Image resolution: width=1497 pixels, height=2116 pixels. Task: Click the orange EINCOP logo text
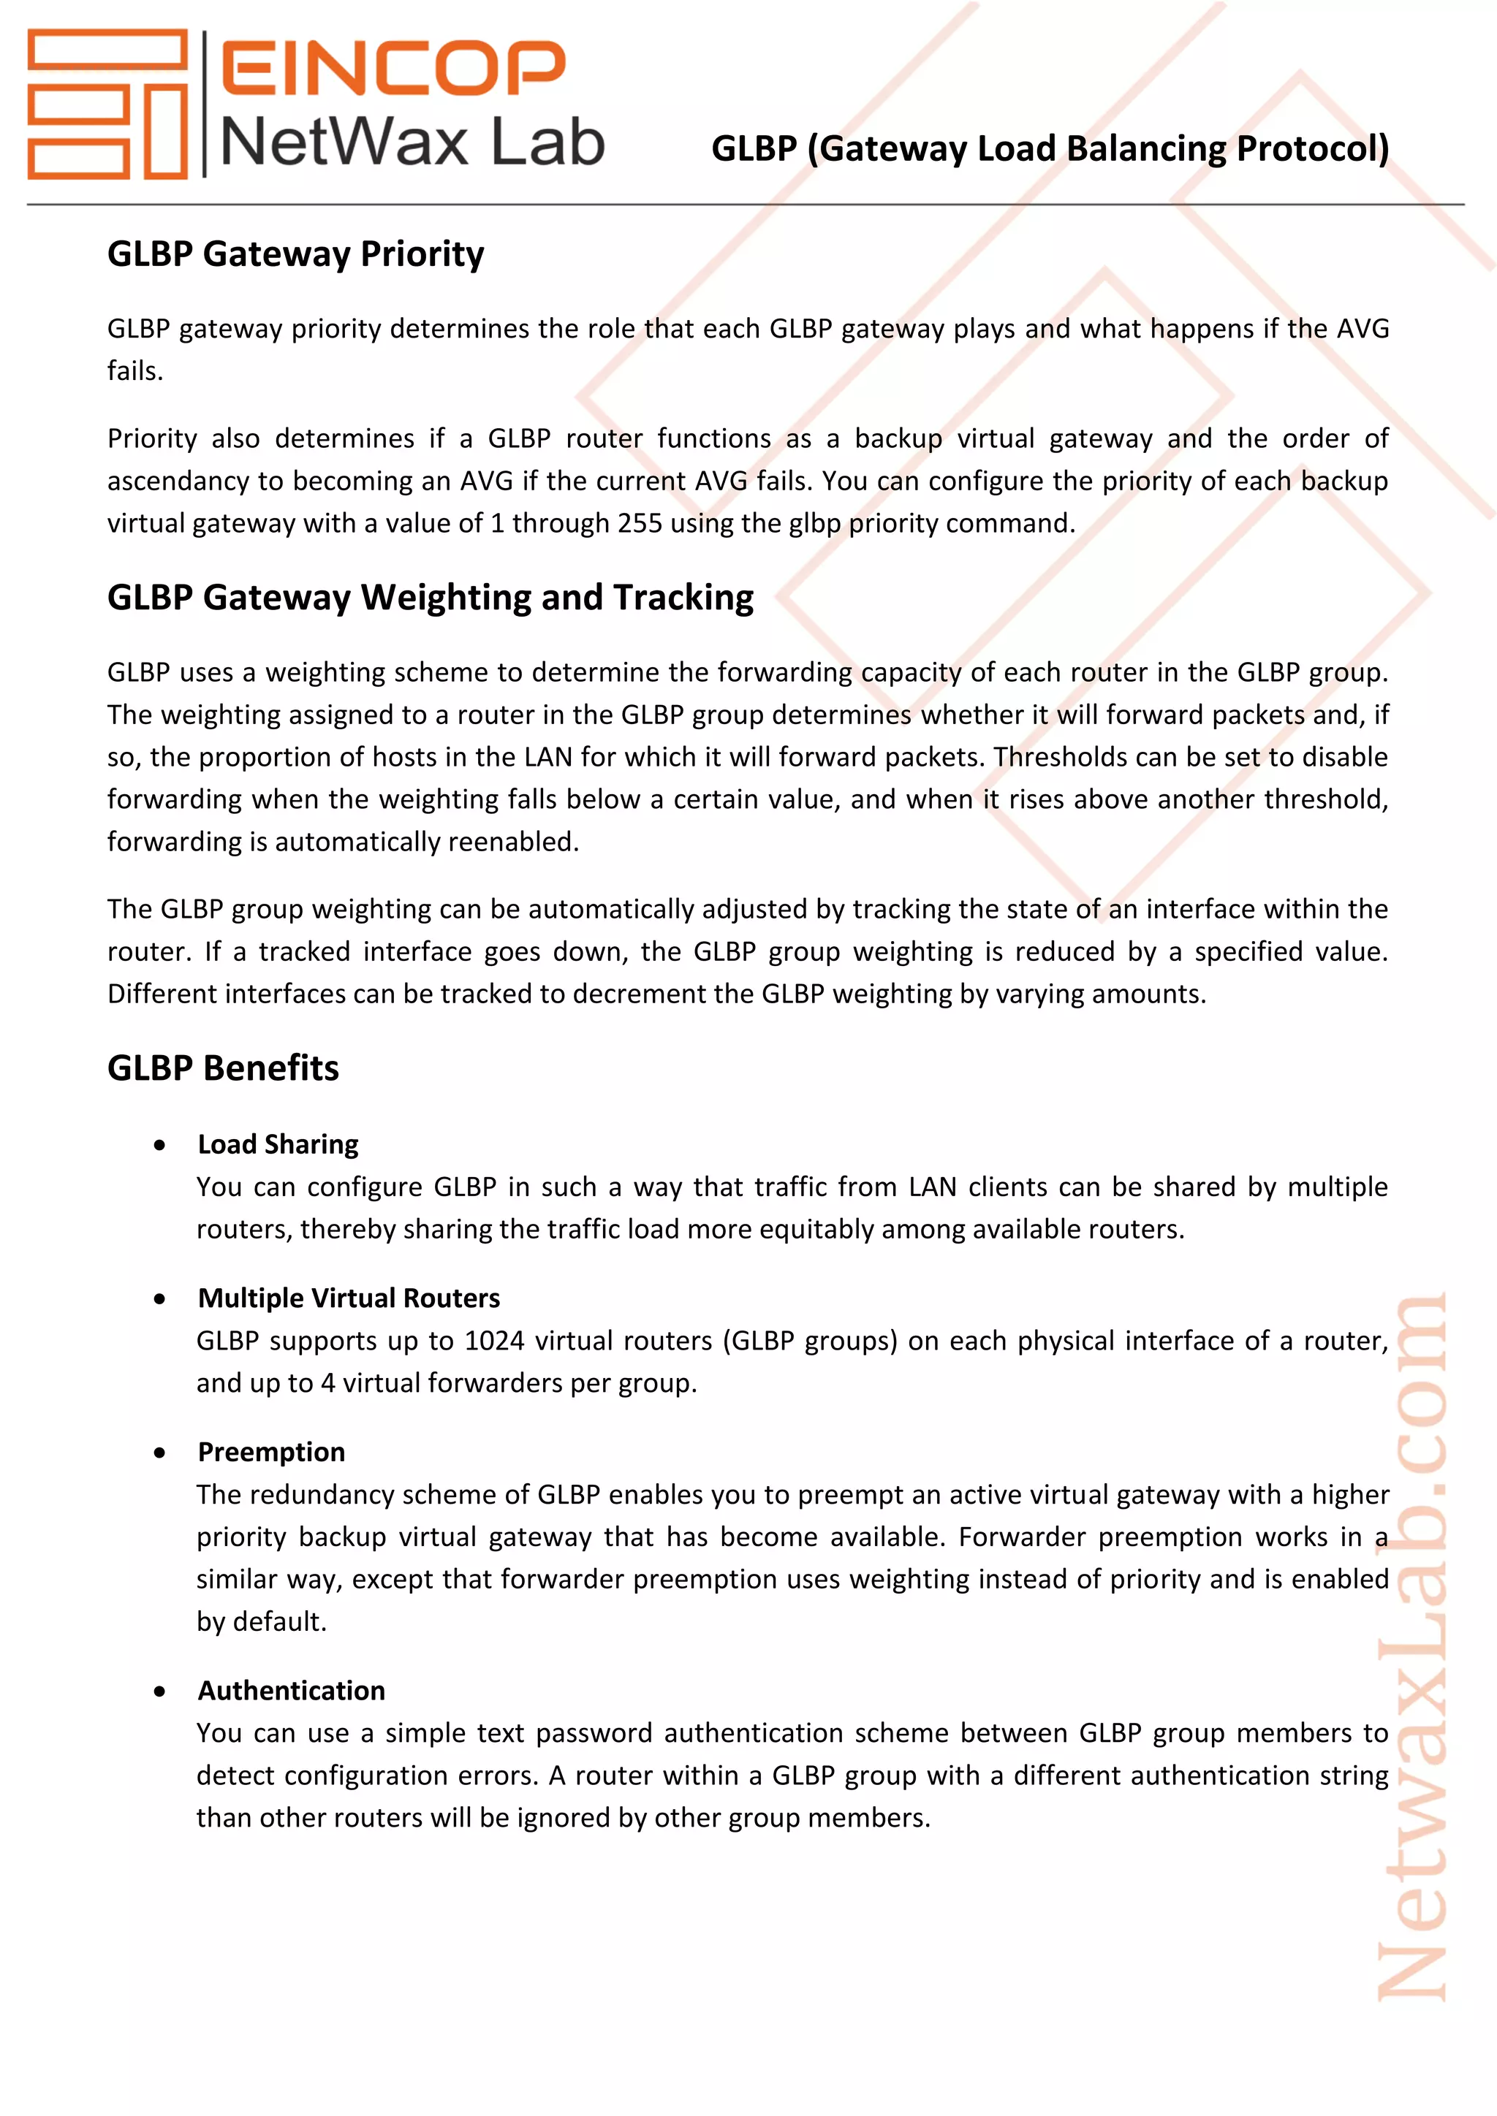coord(393,67)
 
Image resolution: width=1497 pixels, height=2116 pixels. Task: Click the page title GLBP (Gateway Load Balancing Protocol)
coord(1050,148)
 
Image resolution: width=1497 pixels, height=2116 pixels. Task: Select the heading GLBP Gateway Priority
coord(295,254)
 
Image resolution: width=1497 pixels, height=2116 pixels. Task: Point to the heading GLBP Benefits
coord(223,1068)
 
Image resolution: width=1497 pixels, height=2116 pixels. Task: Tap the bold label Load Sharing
coord(278,1145)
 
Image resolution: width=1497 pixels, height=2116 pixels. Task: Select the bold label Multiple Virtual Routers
coord(349,1298)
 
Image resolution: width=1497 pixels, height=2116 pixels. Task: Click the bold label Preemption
coord(271,1453)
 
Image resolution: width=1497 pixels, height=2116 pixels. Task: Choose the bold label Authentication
coord(292,1691)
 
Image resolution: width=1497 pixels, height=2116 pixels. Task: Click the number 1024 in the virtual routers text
coord(494,1341)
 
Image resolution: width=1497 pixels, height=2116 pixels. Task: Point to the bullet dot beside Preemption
coord(160,1453)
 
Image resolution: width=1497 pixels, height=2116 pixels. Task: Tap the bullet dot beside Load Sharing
coord(160,1146)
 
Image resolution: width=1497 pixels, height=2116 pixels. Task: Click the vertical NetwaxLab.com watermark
coord(1411,1650)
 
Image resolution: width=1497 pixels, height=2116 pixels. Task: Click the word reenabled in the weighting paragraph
coord(508,842)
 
